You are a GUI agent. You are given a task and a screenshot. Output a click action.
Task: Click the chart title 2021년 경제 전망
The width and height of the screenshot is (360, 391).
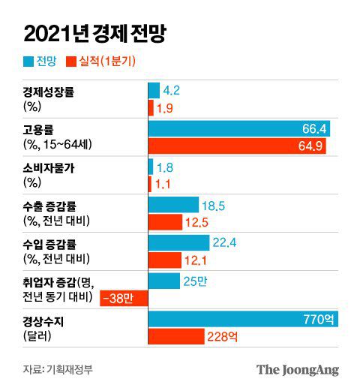point(94,34)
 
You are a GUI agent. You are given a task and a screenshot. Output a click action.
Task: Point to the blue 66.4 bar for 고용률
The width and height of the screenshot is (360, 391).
point(239,129)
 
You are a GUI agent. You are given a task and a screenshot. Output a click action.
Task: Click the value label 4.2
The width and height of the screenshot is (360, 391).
point(172,91)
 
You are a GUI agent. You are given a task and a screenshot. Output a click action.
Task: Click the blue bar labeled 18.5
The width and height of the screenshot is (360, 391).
point(173,204)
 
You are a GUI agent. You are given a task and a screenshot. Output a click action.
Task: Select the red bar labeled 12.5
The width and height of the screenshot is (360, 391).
point(165,222)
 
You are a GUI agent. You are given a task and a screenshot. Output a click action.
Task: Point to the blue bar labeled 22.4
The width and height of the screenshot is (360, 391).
point(178,242)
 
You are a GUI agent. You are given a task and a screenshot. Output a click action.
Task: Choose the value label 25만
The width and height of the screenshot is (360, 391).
point(192,281)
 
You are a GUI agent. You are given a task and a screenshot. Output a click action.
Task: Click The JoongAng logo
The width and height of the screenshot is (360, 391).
point(297,369)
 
